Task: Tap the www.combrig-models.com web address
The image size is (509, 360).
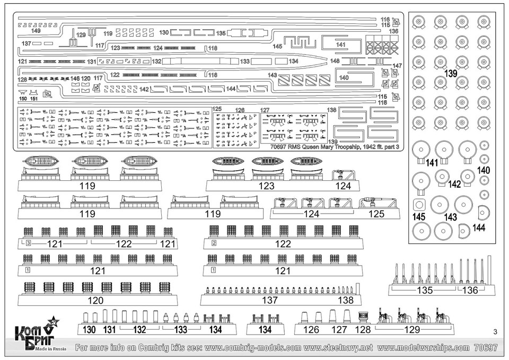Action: [x=246, y=348]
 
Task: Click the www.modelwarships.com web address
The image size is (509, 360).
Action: [x=424, y=348]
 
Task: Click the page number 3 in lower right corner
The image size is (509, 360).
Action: [x=494, y=332]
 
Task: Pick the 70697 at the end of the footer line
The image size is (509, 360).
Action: [x=486, y=348]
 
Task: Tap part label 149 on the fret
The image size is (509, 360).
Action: [x=36, y=31]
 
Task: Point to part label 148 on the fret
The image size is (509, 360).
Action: [x=335, y=61]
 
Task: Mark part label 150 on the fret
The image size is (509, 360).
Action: [x=22, y=99]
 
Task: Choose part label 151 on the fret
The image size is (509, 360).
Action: [x=33, y=99]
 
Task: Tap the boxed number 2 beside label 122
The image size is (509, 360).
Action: [x=214, y=243]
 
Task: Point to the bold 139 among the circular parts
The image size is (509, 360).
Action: [x=450, y=73]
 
